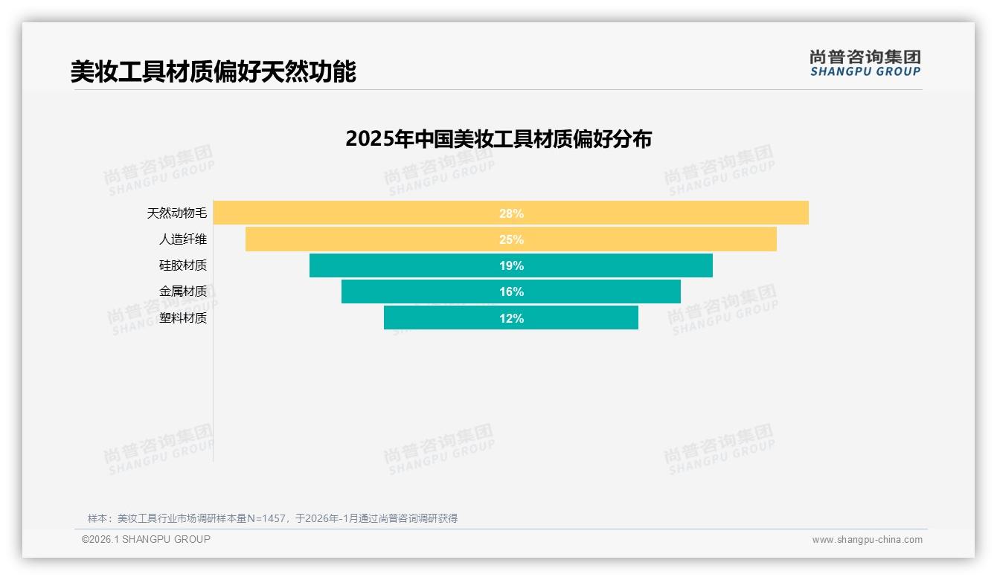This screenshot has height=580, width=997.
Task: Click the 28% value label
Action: (x=511, y=213)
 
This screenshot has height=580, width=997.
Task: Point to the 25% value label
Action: (x=511, y=239)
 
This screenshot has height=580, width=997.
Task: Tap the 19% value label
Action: (x=511, y=265)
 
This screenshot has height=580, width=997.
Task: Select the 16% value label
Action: (x=511, y=291)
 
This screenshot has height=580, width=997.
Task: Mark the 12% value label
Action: (x=511, y=318)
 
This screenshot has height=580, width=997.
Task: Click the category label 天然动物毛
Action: (x=177, y=213)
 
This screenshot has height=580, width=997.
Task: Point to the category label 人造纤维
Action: (x=183, y=239)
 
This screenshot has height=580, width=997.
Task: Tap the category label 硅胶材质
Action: (x=183, y=265)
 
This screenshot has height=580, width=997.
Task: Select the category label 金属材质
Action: (x=183, y=291)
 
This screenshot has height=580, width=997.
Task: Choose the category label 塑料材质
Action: (x=183, y=318)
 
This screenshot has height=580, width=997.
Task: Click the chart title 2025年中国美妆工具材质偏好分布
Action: (x=499, y=139)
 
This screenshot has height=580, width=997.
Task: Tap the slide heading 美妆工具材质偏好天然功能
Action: (x=214, y=71)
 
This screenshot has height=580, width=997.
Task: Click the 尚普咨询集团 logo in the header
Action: (x=865, y=63)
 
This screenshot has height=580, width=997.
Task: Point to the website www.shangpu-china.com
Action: (x=867, y=540)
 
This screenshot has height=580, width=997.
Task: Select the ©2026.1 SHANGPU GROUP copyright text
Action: (x=146, y=539)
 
